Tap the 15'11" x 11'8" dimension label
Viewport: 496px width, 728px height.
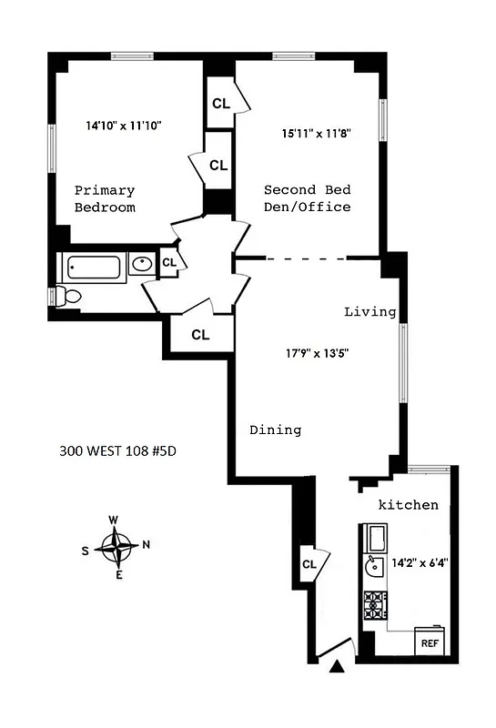coord(316,133)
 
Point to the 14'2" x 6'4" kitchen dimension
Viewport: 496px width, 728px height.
coord(420,562)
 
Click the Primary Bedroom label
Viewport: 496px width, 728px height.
coord(105,199)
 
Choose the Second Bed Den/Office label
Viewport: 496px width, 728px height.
coord(307,198)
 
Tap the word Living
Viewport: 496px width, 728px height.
coord(369,312)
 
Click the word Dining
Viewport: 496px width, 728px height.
coord(275,430)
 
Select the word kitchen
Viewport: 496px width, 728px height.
coord(409,505)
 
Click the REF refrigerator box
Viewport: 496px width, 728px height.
coord(429,642)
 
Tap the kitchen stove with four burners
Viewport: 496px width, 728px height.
coord(375,605)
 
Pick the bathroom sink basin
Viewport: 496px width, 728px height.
coord(142,265)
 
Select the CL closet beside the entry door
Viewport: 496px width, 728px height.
coord(309,564)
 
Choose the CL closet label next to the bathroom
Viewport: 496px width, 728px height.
coord(168,263)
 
